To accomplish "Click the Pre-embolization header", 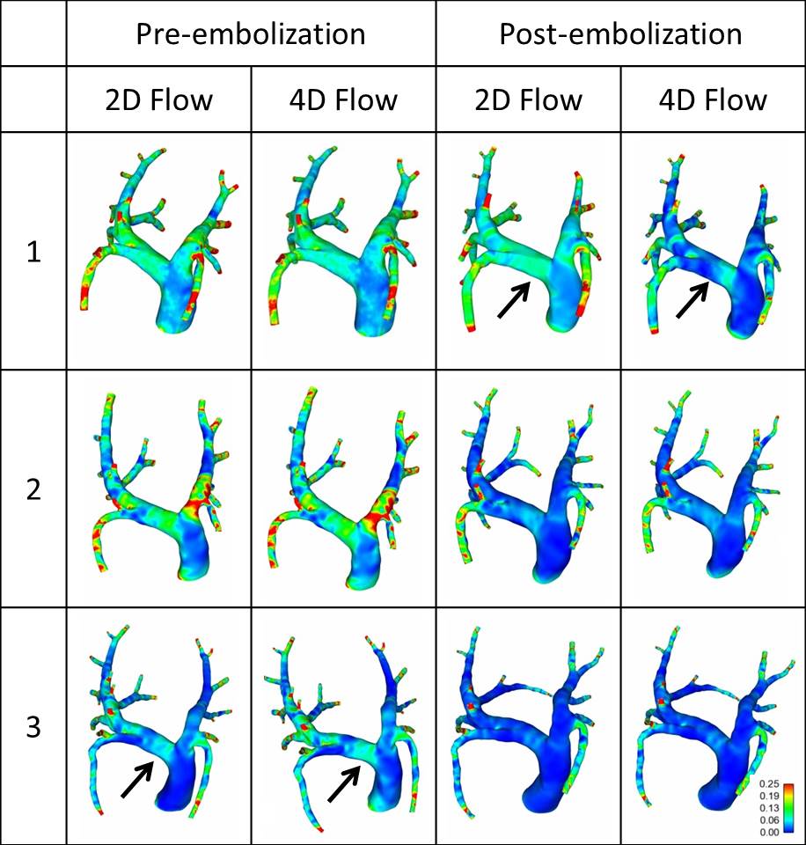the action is (251, 33).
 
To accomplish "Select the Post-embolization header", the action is (620, 33).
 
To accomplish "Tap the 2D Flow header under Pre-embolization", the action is (159, 99).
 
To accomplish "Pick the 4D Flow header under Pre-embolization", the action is (343, 99).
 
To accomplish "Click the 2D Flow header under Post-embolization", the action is (528, 99).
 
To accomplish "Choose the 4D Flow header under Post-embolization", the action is (713, 99).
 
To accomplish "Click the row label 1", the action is (33, 252).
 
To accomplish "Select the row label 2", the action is (33, 489).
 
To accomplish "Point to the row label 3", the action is (33, 727).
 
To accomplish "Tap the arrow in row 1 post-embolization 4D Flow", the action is (692, 300).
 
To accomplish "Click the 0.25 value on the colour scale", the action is (768, 783).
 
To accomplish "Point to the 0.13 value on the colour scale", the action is (768, 807).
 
